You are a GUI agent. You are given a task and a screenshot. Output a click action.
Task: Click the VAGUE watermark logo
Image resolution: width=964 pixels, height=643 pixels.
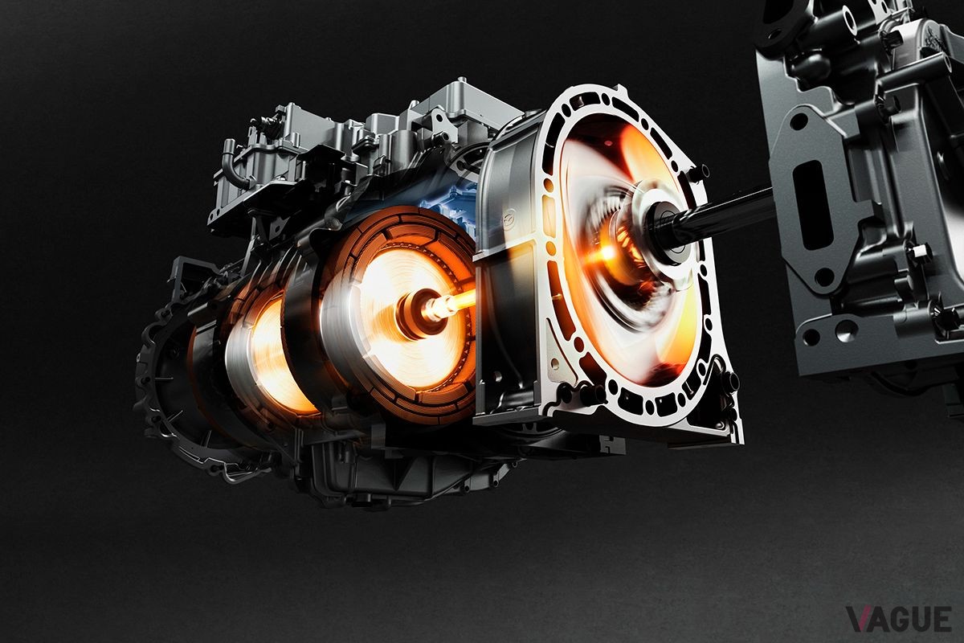pos(899,620)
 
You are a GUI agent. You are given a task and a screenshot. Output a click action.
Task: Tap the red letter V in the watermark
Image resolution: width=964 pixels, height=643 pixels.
pos(859,620)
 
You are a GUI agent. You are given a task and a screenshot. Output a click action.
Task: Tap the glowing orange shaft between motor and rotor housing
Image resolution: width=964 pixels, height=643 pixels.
pos(454,302)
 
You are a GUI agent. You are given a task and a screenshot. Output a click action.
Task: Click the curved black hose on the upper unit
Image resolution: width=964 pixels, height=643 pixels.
pos(234,166)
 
